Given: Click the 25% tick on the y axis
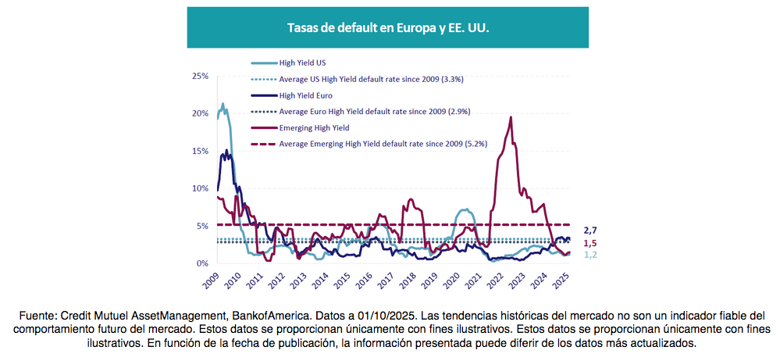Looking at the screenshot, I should [x=201, y=76].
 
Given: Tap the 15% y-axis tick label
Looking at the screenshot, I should [x=201, y=151].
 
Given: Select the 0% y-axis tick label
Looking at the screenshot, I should [x=203, y=263].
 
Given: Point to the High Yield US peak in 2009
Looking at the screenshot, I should [x=223, y=104].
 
